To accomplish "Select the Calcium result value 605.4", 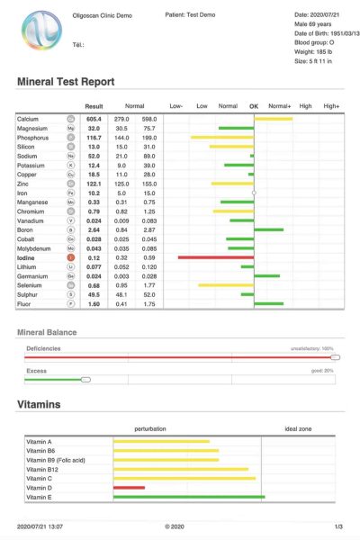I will coord(94,119).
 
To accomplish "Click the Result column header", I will coord(94,106).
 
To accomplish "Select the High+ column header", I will coord(332,106).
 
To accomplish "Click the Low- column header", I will coord(176,106).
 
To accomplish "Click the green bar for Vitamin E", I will coord(189,497).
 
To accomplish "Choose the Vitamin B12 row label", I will coord(42,469).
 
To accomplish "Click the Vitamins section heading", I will coord(39,405).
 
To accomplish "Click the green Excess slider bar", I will coord(56,379).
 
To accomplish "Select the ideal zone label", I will coord(298,428).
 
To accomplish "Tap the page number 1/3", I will coord(337,525).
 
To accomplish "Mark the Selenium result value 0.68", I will coord(94,285).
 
